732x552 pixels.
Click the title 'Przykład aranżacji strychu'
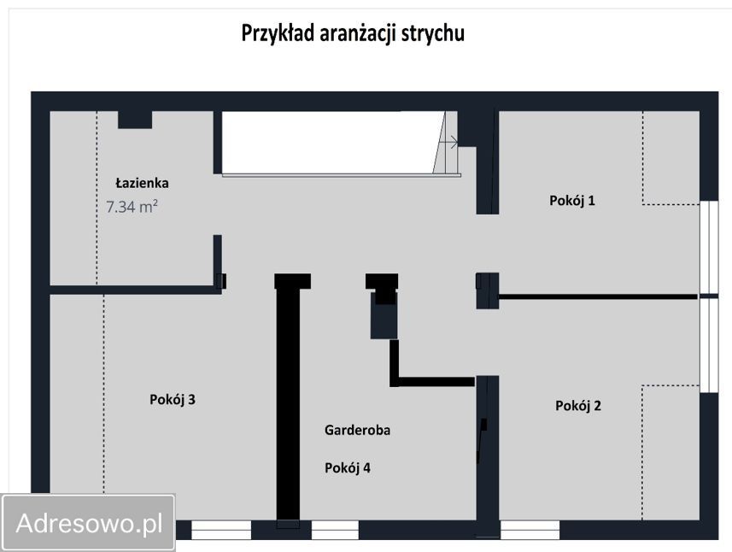coord(353,33)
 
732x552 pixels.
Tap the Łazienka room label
coord(142,183)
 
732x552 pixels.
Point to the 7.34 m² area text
coord(132,206)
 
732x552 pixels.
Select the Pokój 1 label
coord(571,201)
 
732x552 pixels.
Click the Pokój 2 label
coord(577,406)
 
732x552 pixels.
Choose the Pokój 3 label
coord(173,399)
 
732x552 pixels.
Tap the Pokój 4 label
coord(347,467)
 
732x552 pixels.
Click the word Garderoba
coord(357,431)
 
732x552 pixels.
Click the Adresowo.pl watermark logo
coord(89,522)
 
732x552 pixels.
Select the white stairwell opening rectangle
coord(329,142)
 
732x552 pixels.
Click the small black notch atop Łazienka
coord(135,120)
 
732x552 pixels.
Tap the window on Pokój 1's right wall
coord(708,248)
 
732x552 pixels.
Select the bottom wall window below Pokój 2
coord(530,530)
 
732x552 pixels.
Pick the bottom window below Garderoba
coord(335,530)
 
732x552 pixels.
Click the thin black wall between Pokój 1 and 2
coord(598,297)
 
